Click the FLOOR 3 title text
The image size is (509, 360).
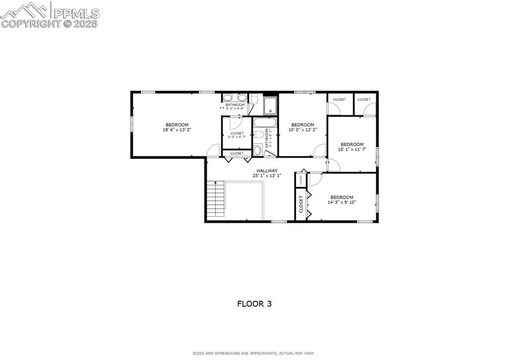coord(254,303)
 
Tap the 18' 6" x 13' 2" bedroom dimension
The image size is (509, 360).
coord(177,130)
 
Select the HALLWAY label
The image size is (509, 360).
coord(267,171)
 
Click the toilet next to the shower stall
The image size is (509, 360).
coord(254,100)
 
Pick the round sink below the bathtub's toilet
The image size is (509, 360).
coord(257,150)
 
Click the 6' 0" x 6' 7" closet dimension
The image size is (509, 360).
coord(237,137)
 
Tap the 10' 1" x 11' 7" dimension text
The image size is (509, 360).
coord(352,149)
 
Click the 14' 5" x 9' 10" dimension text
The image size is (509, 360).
coord(341,202)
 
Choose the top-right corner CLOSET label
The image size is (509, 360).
coord(364,99)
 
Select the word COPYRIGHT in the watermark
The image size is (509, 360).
coord(31,23)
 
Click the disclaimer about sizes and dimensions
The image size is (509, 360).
coord(254,354)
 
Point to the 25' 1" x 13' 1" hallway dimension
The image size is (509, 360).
coord(267,176)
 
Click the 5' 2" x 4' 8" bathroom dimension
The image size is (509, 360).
coord(235,108)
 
